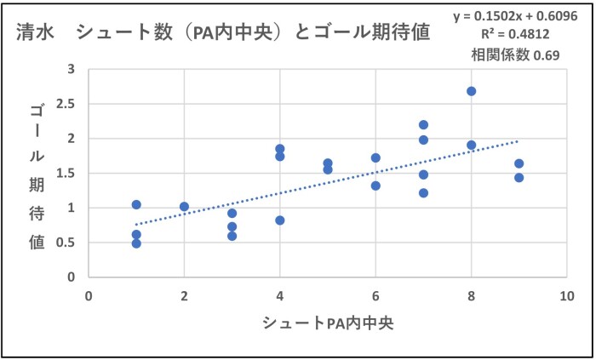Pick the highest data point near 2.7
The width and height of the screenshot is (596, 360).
(471, 91)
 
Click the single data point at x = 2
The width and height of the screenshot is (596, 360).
(184, 206)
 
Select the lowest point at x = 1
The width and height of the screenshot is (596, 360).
(136, 243)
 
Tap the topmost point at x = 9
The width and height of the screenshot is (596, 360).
(519, 163)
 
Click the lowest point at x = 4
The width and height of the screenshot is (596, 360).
(279, 220)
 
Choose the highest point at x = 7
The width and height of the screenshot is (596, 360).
(423, 125)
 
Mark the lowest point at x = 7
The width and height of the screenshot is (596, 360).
(423, 193)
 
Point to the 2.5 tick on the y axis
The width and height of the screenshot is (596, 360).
(67, 104)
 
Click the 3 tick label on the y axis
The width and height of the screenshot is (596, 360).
(72, 69)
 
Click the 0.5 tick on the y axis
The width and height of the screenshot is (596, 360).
(67, 243)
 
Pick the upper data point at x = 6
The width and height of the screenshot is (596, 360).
(375, 157)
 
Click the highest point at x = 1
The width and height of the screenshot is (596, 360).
(136, 204)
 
